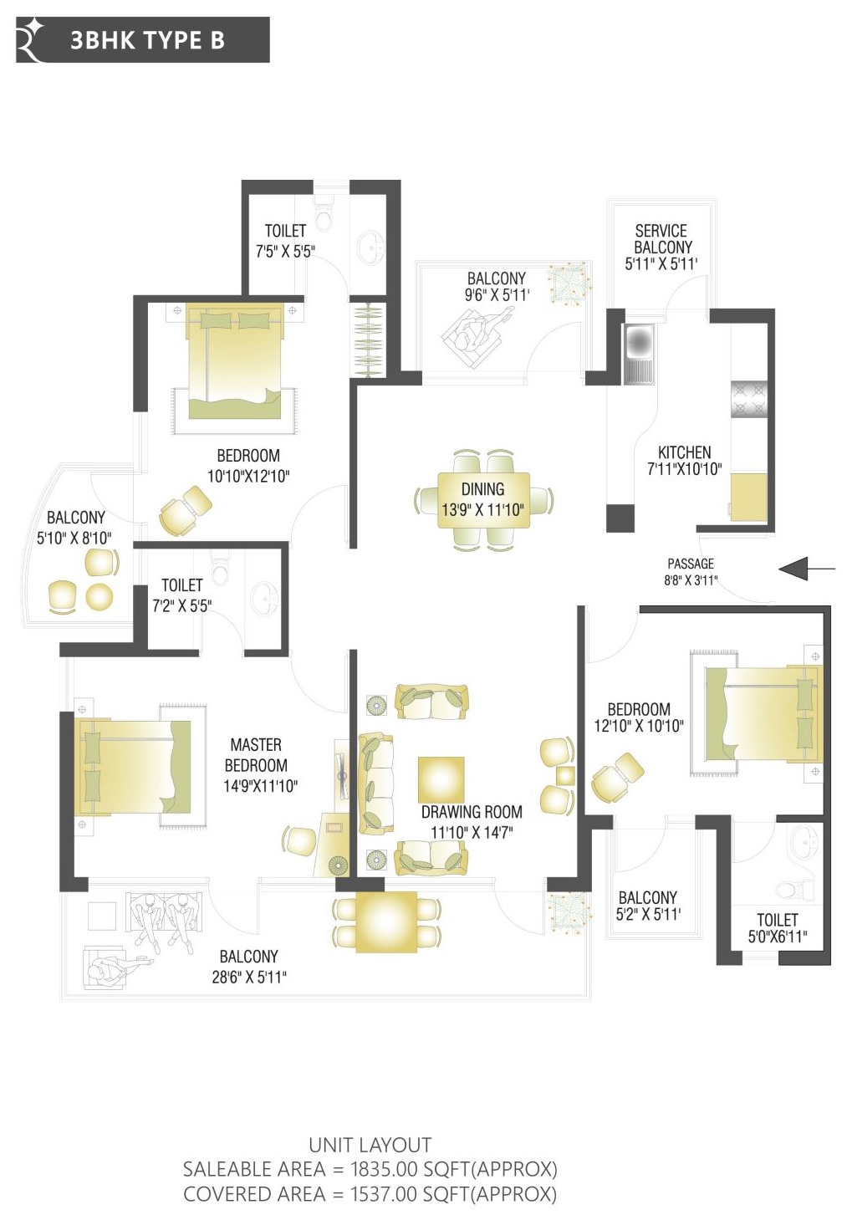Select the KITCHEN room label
[x=684, y=452]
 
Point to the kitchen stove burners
[x=748, y=399]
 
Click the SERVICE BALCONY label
[x=661, y=239]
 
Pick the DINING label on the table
[x=482, y=489]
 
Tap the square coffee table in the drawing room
[x=441, y=779]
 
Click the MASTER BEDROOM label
[x=257, y=755]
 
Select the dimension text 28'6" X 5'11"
[x=249, y=977]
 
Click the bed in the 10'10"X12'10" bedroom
[x=234, y=361]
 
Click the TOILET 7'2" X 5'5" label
[x=181, y=595]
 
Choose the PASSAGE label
[x=691, y=564]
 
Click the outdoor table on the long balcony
[x=386, y=921]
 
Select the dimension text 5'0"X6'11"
[x=778, y=937]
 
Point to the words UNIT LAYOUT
[x=370, y=1145]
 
